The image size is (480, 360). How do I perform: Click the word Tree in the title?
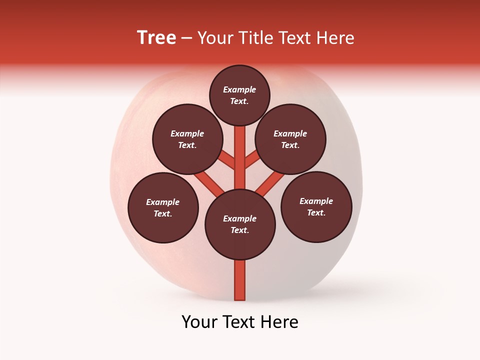(x=156, y=38)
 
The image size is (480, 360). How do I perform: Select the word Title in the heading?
(x=254, y=38)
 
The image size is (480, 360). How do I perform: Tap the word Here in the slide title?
(x=335, y=38)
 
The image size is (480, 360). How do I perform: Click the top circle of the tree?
(x=239, y=95)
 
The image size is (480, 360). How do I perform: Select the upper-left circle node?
(x=187, y=139)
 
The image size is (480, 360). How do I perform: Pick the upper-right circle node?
(x=290, y=139)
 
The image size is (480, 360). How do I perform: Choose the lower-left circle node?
(x=163, y=207)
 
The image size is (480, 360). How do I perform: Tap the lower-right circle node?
(x=316, y=206)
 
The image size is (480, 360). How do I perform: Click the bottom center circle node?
(x=240, y=224)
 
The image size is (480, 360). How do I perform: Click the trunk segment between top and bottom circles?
(x=240, y=170)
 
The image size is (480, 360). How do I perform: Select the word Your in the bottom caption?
(x=198, y=322)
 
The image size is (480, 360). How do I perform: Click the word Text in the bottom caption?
(x=239, y=322)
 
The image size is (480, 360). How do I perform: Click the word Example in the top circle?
(x=239, y=89)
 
